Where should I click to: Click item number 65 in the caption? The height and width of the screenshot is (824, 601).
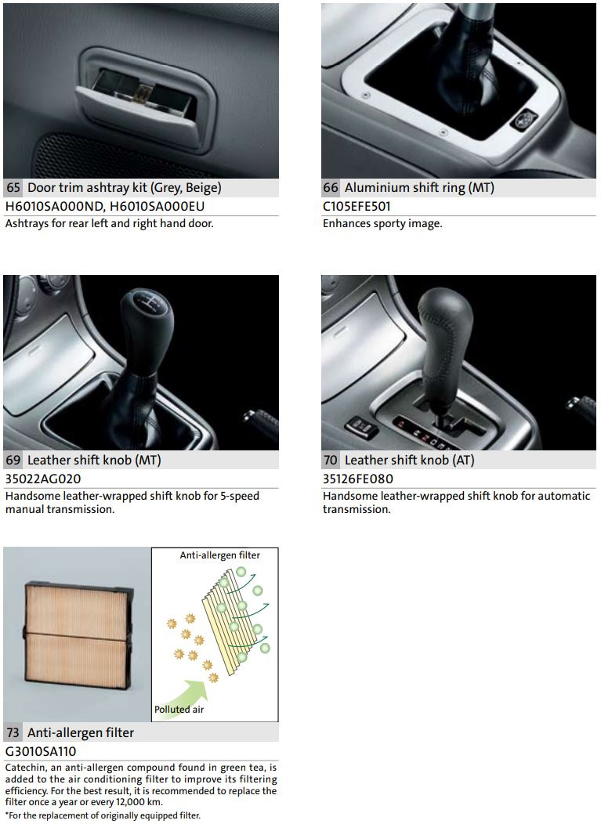[13, 188]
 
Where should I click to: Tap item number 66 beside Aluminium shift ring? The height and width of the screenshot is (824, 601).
[330, 188]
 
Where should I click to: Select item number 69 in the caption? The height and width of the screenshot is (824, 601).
[13, 460]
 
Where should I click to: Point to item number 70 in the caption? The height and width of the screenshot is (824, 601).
[330, 460]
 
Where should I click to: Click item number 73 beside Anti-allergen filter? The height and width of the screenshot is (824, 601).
[13, 732]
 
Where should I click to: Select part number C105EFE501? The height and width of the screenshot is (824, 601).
[357, 207]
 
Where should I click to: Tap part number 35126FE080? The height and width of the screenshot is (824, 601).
[358, 479]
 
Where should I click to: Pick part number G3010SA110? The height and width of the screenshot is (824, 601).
[41, 751]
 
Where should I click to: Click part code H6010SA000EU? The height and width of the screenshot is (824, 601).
[157, 207]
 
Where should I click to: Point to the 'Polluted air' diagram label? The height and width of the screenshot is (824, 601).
[179, 709]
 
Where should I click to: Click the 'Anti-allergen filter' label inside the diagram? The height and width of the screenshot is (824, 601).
[219, 555]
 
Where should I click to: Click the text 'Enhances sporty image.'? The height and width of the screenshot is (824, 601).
[382, 223]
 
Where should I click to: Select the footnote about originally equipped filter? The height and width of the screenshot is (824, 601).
[103, 815]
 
